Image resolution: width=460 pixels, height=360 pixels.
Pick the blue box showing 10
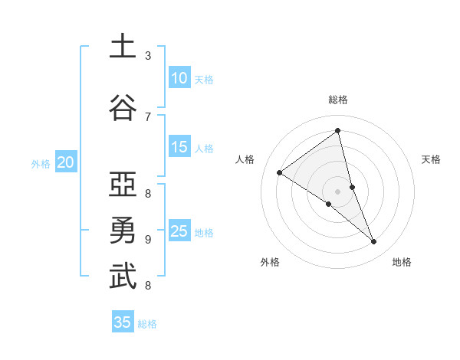tap(179, 78)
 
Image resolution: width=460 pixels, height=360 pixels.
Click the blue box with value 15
tap(179, 147)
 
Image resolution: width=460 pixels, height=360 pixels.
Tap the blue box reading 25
tap(179, 231)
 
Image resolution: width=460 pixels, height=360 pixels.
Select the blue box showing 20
tap(66, 162)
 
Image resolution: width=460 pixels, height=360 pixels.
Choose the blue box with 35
tap(123, 322)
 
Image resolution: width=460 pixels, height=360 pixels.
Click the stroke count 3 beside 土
tap(148, 56)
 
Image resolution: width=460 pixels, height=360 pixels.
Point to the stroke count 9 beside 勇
tap(148, 239)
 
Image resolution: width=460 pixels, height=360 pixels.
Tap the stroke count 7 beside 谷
tap(148, 116)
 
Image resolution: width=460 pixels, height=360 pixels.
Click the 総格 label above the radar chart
tap(338, 100)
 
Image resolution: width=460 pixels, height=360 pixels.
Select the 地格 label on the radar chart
tap(402, 263)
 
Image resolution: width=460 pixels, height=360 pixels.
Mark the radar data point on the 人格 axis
tap(279, 172)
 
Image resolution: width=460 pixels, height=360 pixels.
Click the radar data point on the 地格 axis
tap(374, 242)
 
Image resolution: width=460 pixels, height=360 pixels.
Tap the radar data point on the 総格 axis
tap(338, 131)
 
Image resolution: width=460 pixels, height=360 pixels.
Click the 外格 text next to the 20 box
tap(41, 163)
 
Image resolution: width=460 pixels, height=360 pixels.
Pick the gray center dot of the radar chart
tap(338, 191)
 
